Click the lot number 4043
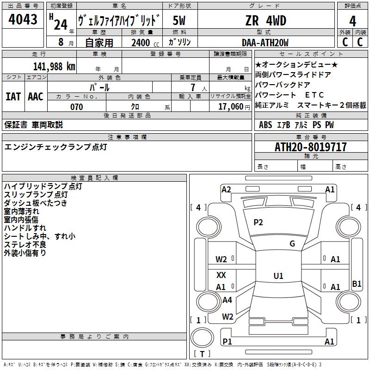23,19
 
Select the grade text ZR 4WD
265,20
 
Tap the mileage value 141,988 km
54,67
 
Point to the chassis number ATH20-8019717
310,147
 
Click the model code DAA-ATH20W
265,43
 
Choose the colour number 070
77,107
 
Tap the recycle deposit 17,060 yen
234,107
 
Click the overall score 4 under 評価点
352,21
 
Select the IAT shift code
13,97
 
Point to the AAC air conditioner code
36,97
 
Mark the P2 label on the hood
258,222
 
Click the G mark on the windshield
292,244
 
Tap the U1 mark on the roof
278,276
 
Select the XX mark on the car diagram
221,275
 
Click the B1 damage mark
357,284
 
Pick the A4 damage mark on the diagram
227,300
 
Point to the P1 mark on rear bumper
227,341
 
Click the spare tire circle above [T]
202,338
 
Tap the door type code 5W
179,20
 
